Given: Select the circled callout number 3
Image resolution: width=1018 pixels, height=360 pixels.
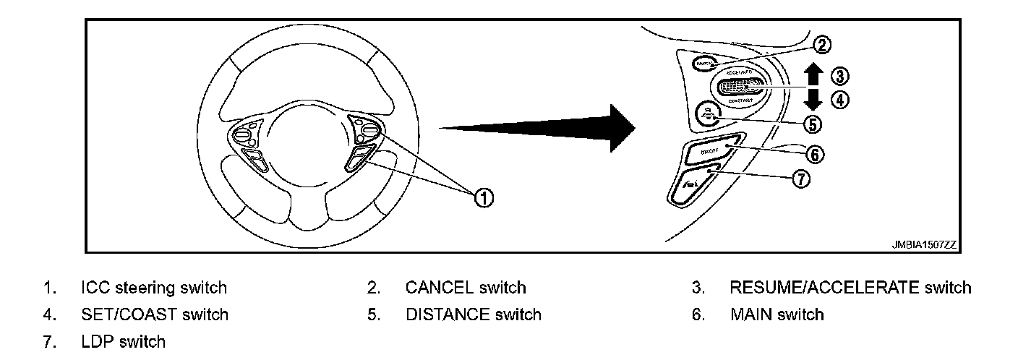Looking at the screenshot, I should (x=839, y=75).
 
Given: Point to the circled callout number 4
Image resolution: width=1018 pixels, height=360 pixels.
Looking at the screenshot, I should (x=839, y=100).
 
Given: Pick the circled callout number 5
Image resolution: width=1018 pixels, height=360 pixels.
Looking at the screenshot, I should (x=813, y=124).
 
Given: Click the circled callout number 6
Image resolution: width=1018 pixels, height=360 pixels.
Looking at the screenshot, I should (x=813, y=154).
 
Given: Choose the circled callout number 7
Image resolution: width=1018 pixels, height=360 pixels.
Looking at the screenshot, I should (x=800, y=179).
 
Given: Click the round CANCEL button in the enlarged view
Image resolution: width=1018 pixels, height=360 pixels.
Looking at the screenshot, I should (x=703, y=64).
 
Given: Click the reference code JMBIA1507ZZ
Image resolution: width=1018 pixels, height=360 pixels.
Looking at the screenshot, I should (x=923, y=245).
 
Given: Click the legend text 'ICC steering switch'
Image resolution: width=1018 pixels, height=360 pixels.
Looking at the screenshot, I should (x=154, y=288).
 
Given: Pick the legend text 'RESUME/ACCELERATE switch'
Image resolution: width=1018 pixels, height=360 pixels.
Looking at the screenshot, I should (x=850, y=288).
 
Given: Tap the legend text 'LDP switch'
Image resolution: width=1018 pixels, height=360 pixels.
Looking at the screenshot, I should (x=124, y=341).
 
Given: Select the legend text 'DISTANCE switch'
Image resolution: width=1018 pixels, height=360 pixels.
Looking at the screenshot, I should (x=473, y=314).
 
